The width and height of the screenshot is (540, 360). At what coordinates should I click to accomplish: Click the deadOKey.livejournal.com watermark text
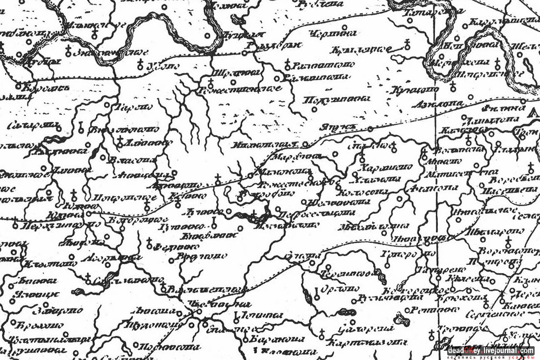click(x=491, y=351)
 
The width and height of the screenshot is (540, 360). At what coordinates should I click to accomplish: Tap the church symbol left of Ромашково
click(x=287, y=64)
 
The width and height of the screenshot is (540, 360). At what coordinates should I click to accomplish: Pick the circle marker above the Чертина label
click(x=344, y=28)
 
